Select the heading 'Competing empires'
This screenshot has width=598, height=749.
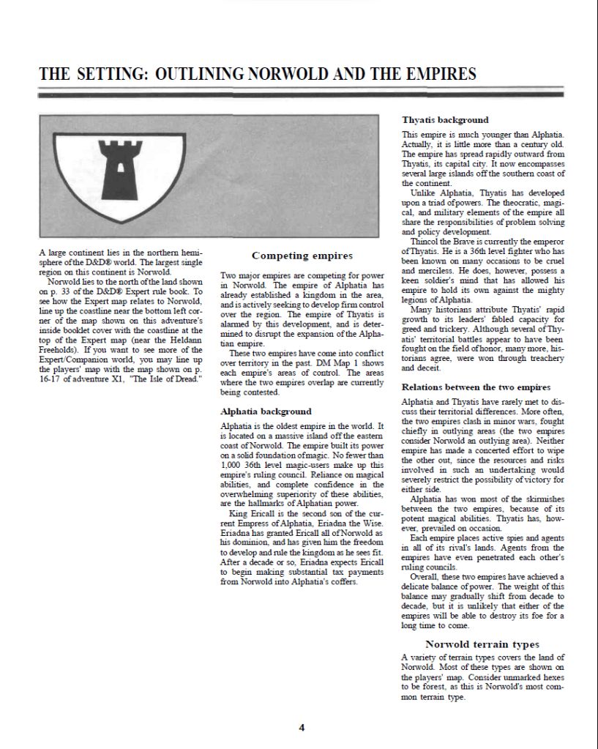click(x=302, y=256)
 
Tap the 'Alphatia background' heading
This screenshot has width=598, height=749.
click(x=266, y=411)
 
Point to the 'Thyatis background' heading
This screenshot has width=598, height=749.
click(x=445, y=119)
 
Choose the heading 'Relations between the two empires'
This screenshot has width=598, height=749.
click(x=476, y=387)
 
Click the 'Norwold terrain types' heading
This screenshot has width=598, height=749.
click(x=482, y=644)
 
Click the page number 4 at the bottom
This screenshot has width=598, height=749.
click(x=302, y=727)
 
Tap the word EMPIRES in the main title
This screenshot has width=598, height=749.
click(x=437, y=75)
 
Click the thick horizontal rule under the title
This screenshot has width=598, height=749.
click(x=301, y=95)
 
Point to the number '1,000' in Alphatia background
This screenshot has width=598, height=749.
click(x=233, y=466)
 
